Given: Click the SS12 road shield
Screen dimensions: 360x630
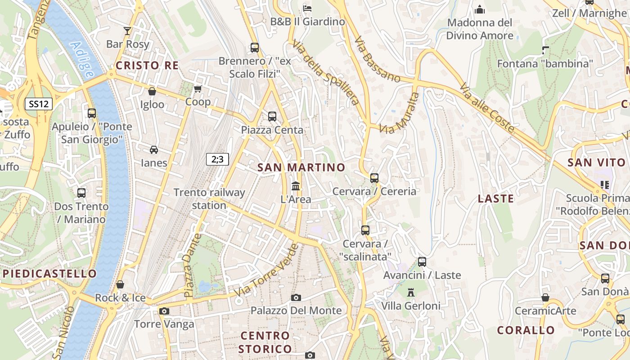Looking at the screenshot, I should click(x=38, y=104).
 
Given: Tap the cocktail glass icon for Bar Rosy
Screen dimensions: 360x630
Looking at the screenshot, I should click(x=127, y=31).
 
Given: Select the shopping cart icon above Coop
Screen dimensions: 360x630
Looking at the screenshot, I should click(x=198, y=89).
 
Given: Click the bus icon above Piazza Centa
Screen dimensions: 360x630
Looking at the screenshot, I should click(x=272, y=117).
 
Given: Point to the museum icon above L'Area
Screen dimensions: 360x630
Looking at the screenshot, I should click(x=296, y=186).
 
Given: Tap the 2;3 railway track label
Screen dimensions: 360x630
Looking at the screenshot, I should click(x=217, y=159).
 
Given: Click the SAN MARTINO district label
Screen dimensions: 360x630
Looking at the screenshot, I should click(x=301, y=167).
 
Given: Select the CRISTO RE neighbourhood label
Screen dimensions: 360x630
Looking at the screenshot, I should click(x=147, y=66).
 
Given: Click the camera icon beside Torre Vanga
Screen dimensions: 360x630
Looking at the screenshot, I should click(x=164, y=311).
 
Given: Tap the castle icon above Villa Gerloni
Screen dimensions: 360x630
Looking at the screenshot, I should click(x=410, y=292).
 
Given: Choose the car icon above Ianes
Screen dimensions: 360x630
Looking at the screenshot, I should click(x=154, y=149).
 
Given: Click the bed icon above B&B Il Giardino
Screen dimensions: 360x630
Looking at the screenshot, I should click(x=307, y=8).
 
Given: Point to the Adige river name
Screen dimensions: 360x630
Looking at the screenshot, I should click(x=82, y=59).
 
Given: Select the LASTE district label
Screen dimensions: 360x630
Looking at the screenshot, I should click(x=495, y=198).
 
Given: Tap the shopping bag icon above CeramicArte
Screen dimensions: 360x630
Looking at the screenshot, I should click(x=545, y=297).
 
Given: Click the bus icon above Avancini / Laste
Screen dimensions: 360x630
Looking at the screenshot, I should click(x=422, y=261).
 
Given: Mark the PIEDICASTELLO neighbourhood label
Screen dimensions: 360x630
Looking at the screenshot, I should click(x=49, y=274).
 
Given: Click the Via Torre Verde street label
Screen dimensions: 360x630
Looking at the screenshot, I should click(x=267, y=271).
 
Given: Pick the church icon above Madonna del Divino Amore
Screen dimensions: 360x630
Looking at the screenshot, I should click(x=480, y=9).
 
